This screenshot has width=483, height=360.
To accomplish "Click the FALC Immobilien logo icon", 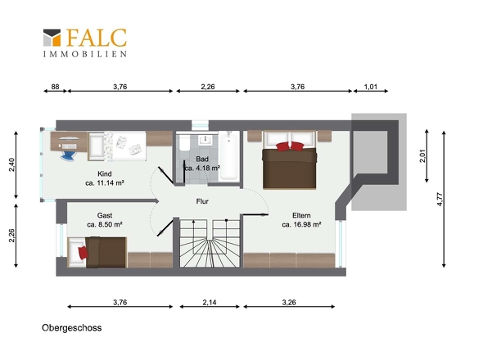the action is (52, 38).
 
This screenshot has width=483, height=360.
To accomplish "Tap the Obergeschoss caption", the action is (72, 327).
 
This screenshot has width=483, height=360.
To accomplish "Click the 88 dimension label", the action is (55, 87).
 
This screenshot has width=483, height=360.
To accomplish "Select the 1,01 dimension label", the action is (371, 87).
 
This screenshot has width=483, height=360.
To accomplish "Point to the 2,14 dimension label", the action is (210, 303).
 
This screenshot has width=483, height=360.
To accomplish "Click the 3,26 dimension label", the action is (289, 303).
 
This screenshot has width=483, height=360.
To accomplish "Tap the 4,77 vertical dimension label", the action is (440, 200).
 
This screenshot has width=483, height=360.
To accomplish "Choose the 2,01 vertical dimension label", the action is (422, 155).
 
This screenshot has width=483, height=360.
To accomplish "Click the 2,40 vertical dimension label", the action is (11, 164).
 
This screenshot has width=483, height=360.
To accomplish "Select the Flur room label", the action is (202, 201).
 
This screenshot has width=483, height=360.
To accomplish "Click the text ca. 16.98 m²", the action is (301, 224).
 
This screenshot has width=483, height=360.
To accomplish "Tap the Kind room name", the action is (105, 173).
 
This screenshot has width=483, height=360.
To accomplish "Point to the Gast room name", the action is (105, 215).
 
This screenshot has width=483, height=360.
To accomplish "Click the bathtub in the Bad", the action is (229, 155).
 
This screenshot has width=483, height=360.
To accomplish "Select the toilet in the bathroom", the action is (184, 142).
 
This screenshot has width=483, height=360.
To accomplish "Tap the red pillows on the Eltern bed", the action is (290, 146).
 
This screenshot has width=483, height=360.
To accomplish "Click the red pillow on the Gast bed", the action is (83, 253).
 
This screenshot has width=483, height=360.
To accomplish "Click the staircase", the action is (210, 243).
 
